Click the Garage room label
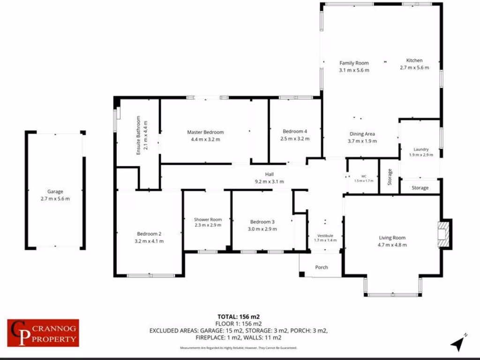tap(55, 191)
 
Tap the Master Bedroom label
tap(205, 132)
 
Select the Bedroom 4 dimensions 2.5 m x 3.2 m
tap(295, 139)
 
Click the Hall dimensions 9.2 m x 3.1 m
tap(269, 181)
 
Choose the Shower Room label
tap(208, 219)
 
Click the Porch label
tap(322, 267)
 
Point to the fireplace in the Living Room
tap(443, 233)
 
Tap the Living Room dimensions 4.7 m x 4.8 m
tap(392, 245)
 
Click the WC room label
tap(363, 176)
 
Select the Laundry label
tap(421, 150)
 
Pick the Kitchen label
tap(414, 60)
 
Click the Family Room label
tap(354, 63)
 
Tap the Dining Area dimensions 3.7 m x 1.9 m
tap(363, 141)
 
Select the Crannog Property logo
tap(43, 333)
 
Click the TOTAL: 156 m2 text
tap(238, 316)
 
